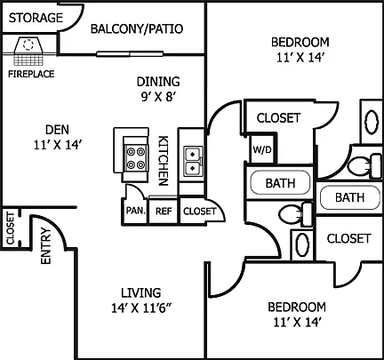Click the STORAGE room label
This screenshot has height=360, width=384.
pyautogui.click(x=36, y=18)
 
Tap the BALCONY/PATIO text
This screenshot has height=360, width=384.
pyautogui.click(x=137, y=28)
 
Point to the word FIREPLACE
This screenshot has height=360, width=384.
pyautogui.click(x=31, y=74)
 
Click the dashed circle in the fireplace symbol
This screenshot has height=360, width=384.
pyautogui.click(x=28, y=44)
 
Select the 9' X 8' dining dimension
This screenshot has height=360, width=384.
pyautogui.click(x=158, y=97)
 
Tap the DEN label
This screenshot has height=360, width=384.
pyautogui.click(x=57, y=130)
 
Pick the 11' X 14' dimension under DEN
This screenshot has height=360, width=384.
pyautogui.click(x=58, y=145)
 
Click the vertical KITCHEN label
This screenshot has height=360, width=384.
pyautogui.click(x=164, y=161)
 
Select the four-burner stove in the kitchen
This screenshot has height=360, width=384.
pyautogui.click(x=136, y=158)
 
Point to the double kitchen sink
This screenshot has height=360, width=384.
pyautogui.click(x=193, y=161)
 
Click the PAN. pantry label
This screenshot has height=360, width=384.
pyautogui.click(x=136, y=211)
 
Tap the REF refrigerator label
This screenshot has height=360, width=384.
pyautogui.click(x=164, y=212)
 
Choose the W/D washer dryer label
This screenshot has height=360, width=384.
pyautogui.click(x=262, y=149)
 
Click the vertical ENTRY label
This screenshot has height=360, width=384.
pyautogui.click(x=46, y=245)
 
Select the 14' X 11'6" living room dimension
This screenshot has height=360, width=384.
pyautogui.click(x=141, y=308)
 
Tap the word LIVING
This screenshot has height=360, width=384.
pyautogui.click(x=141, y=292)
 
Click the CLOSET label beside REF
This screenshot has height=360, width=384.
pyautogui.click(x=199, y=212)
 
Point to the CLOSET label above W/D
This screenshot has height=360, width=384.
pyautogui.click(x=278, y=118)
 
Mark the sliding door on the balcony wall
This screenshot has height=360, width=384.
pyautogui.click(x=130, y=54)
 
